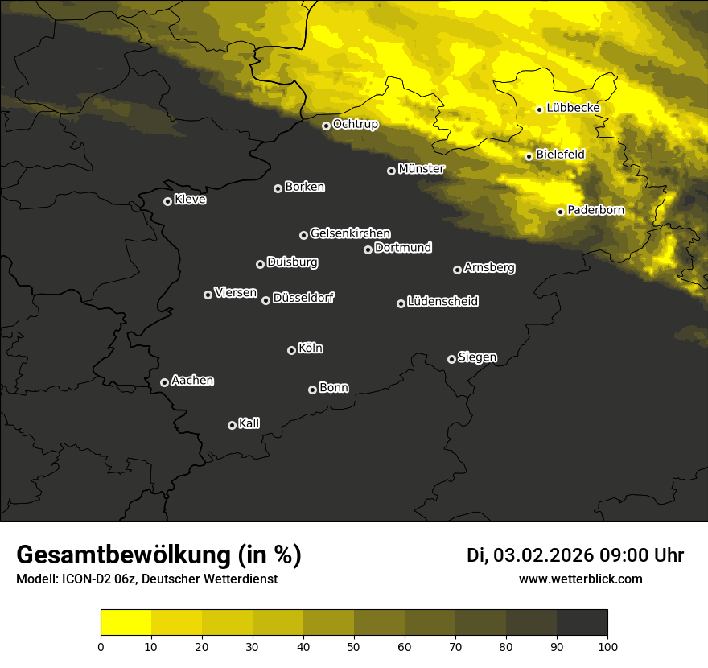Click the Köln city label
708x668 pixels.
311,348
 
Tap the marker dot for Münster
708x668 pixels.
392,171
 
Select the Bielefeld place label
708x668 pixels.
560,154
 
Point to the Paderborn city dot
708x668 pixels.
561,212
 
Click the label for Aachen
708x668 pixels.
192,381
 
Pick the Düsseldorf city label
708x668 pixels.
303,298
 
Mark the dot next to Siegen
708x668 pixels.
451,359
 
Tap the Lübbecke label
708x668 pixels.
573,108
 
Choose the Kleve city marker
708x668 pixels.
168,201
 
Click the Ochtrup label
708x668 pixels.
356,124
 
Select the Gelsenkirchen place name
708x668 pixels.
350,233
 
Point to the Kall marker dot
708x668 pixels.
233,425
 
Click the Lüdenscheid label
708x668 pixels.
442,302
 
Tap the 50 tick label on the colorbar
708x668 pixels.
354,646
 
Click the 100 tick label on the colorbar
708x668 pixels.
607,646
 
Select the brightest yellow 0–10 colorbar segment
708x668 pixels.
126,623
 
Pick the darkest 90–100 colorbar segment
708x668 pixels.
582,623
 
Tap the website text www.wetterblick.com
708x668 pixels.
581,579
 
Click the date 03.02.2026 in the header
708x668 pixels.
543,555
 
